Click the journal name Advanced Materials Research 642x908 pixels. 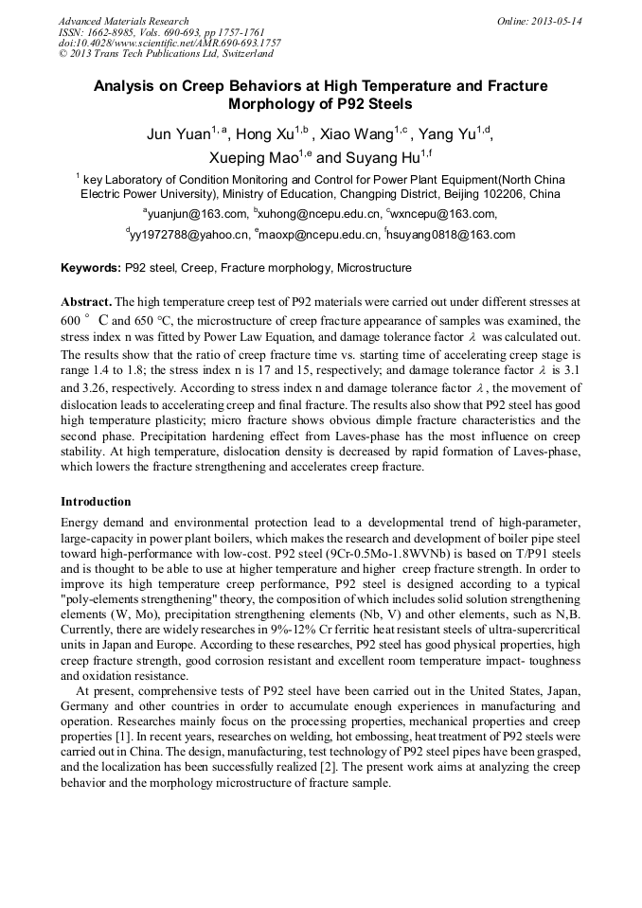123,21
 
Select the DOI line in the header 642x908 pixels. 169,43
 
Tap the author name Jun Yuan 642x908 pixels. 178,135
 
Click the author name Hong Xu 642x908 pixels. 266,135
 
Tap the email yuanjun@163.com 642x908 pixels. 198,214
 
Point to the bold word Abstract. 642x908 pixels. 86,300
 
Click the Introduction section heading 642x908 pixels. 96,502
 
